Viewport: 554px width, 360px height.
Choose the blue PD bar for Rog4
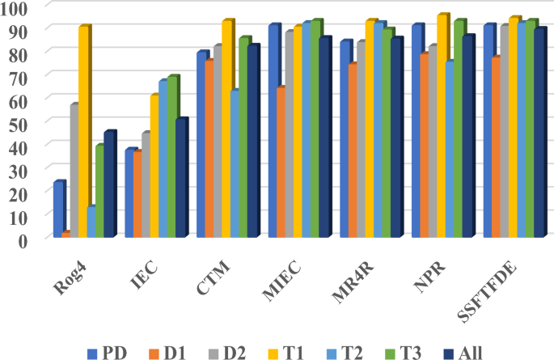point(57,210)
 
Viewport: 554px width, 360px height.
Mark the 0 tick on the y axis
point(23,239)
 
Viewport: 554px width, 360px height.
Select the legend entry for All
point(466,351)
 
